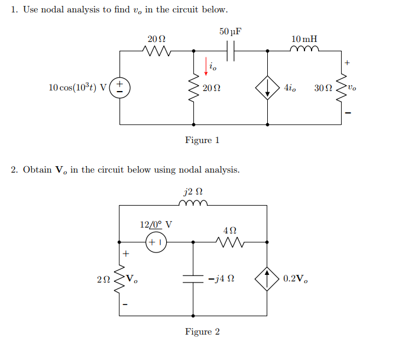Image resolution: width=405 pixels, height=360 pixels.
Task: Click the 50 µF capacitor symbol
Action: (231, 51)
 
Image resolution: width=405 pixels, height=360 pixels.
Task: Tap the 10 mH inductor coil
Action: (304, 50)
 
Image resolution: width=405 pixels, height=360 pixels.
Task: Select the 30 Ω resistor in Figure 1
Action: (341, 87)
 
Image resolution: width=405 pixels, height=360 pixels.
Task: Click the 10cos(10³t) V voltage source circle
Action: (119, 87)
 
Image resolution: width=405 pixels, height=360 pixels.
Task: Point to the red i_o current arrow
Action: (206, 67)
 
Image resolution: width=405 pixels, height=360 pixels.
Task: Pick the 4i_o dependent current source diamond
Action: (267, 87)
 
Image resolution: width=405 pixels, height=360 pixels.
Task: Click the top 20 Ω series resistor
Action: (157, 51)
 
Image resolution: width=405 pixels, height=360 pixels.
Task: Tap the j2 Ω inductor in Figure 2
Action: (193, 205)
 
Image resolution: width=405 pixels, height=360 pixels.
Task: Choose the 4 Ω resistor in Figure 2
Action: (231, 241)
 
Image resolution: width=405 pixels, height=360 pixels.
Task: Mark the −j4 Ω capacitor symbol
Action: (193, 278)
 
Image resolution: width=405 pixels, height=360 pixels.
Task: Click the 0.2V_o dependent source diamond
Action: (267, 278)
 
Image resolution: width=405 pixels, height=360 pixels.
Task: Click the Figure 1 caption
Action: (202, 140)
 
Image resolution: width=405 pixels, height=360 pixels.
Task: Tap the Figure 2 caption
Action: (202, 332)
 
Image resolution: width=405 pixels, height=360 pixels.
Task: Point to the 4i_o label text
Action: (290, 88)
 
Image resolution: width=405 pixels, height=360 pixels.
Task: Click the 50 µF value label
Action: (231, 31)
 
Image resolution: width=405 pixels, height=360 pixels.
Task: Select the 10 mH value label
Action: (304, 38)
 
